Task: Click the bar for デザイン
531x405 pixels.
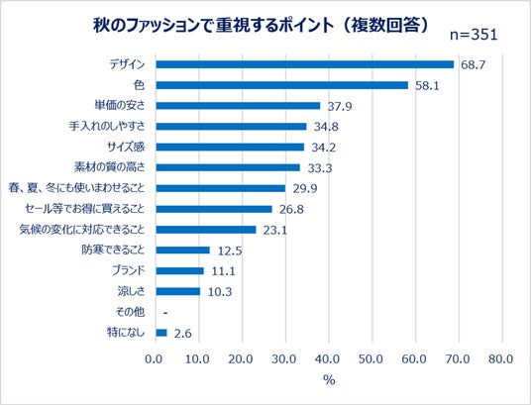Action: [305, 64]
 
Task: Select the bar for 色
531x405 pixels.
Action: [281, 85]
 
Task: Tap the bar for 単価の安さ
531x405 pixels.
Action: [238, 106]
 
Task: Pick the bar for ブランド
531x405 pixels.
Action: [180, 271]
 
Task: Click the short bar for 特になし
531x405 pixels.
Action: [161, 333]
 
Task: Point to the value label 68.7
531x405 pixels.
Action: [474, 64]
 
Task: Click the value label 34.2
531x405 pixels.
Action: [323, 148]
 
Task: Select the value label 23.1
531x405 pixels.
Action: [275, 231]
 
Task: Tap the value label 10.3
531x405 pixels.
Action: [220, 292]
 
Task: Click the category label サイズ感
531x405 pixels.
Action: [126, 147]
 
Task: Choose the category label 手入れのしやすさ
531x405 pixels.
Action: [107, 126]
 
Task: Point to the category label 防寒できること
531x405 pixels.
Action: [113, 251]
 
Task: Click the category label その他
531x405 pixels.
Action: [130, 312]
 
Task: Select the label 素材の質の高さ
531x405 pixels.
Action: [109, 167]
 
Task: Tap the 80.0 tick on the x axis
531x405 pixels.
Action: [501, 358]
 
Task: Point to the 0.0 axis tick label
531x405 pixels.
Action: [154, 358]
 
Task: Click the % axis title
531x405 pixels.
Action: [329, 380]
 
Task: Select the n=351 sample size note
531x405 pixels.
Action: [474, 35]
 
